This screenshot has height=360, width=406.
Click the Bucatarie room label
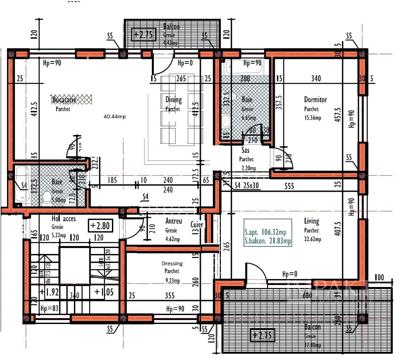[64, 99]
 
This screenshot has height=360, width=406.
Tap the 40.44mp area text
[115, 116]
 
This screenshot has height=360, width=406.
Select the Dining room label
[174, 99]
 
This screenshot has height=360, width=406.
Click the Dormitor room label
[315, 99]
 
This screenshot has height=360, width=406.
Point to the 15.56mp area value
[312, 118]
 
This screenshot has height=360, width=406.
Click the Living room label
[311, 221]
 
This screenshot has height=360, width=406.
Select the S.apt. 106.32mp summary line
[265, 232]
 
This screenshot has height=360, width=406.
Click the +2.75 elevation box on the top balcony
[144, 34]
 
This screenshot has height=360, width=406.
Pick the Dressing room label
[172, 263]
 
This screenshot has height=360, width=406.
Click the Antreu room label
[174, 221]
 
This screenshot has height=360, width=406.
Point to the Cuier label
[197, 224]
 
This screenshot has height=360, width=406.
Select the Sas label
[245, 150]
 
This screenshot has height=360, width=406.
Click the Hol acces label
[64, 219]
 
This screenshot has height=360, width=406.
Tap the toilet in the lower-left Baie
[47, 198]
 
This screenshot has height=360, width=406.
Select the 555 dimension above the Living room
[289, 186]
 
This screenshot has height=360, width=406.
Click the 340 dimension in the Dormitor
[316, 78]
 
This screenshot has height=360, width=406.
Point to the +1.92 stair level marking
[49, 292]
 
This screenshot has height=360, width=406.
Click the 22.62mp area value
[312, 239]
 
